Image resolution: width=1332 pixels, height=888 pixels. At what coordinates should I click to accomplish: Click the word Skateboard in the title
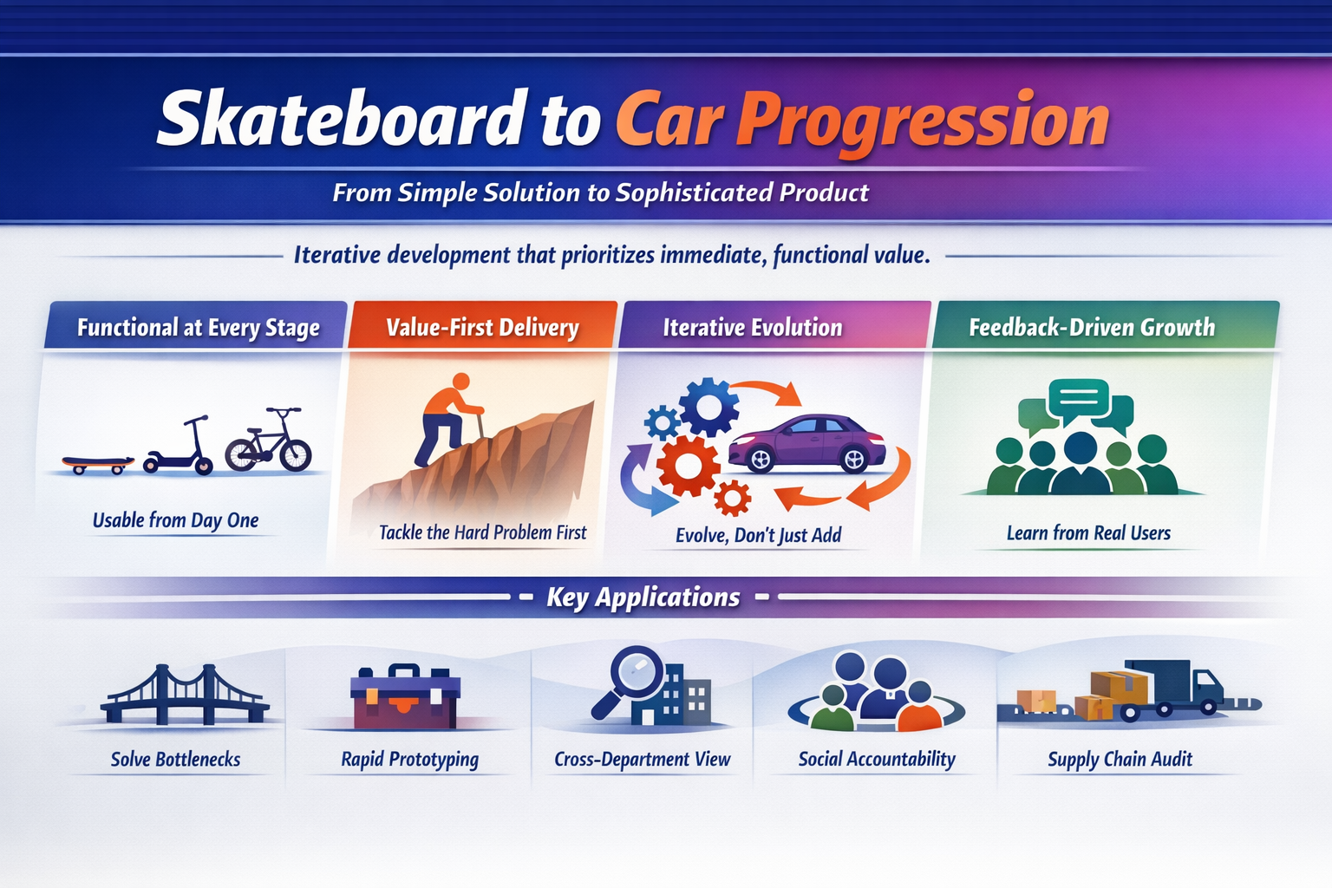[342, 120]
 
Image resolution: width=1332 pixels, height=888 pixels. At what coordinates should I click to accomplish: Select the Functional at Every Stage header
[198, 327]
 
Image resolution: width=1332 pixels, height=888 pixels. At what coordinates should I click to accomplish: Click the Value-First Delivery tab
[482, 327]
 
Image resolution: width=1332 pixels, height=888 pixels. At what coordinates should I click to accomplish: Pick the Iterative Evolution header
[752, 327]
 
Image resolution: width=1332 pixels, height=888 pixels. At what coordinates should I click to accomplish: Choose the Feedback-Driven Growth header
[1091, 327]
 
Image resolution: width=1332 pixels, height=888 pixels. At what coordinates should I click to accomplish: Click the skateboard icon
[97, 464]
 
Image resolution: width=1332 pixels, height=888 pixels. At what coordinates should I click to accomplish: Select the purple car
[806, 442]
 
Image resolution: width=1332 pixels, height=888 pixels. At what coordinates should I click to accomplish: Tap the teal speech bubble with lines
[1078, 398]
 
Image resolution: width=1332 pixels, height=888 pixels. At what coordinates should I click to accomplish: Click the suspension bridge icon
[184, 695]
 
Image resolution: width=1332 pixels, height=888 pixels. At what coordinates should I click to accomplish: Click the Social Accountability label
[876, 759]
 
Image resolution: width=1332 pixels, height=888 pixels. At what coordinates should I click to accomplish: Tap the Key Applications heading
[643, 597]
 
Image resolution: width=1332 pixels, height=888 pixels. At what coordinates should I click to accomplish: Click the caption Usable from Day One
[175, 520]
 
